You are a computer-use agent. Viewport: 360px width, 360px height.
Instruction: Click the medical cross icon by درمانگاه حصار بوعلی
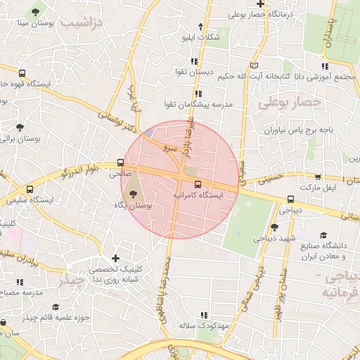pyautogui.click(x=259, y=4)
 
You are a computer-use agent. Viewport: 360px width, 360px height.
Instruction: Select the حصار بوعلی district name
pyautogui.click(x=290, y=103)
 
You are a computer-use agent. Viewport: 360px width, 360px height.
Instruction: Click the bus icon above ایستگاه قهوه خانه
pyautogui.click(x=22, y=72)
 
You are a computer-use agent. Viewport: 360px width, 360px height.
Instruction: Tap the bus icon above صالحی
pyautogui.click(x=120, y=164)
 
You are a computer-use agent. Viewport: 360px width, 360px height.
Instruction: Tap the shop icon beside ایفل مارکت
pyautogui.click(x=318, y=178)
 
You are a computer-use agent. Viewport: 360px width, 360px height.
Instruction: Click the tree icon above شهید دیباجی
pyautogui.click(x=274, y=226)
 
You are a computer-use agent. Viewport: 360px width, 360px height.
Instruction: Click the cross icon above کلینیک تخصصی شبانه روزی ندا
pyautogui.click(x=116, y=258)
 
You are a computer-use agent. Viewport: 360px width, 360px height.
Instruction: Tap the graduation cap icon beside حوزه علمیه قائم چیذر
pyautogui.click(x=56, y=307)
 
